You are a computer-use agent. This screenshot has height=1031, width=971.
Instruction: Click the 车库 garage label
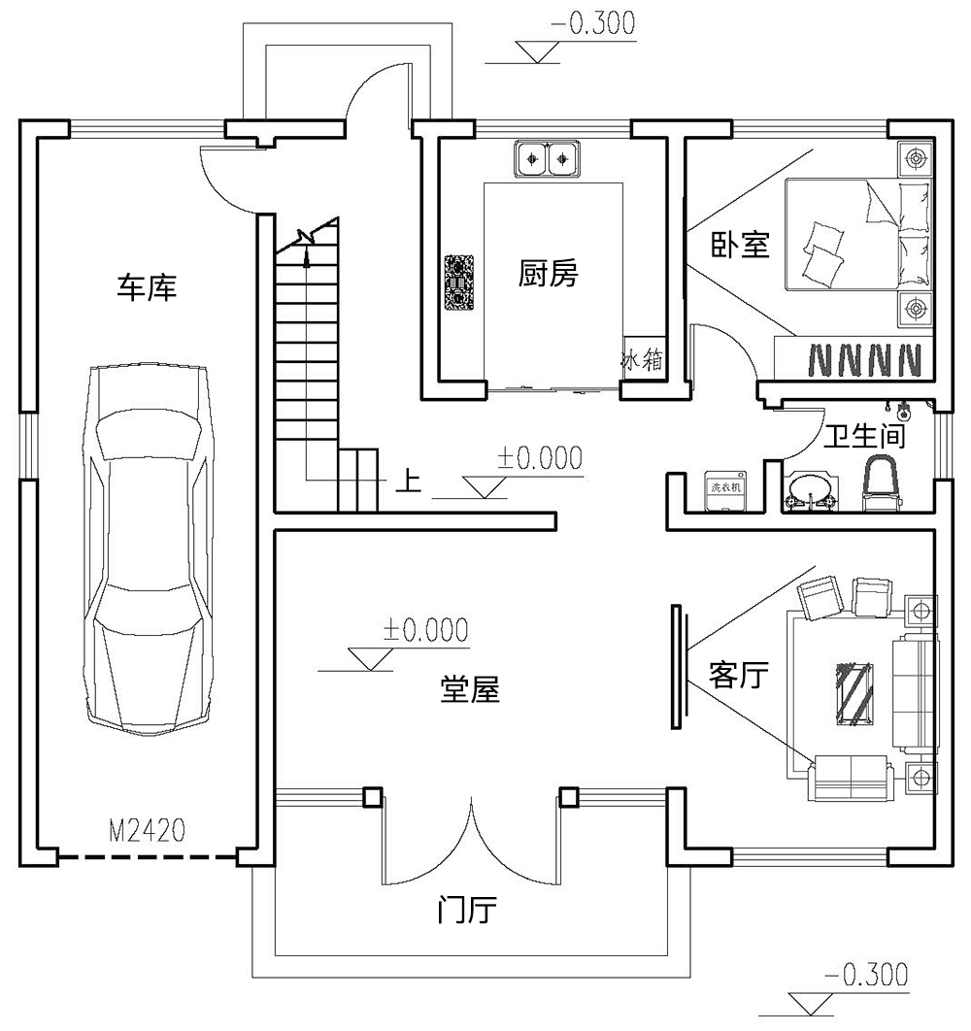[x=147, y=288]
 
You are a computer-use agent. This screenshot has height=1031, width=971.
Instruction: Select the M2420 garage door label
[x=148, y=830]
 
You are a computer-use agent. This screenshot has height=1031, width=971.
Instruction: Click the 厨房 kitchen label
[x=548, y=274]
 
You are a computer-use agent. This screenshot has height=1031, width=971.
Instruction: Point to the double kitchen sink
[x=548, y=158]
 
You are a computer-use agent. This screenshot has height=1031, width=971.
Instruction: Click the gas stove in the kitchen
[x=459, y=283]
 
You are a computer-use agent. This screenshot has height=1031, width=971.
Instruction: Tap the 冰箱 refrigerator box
[x=643, y=359]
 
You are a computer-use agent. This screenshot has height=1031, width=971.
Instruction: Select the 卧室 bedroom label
[x=740, y=245]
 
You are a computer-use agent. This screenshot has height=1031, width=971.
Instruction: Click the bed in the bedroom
[x=857, y=234]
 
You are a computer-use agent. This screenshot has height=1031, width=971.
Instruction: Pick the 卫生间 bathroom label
[x=864, y=436]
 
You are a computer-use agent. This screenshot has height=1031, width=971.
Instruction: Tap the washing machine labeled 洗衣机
[x=725, y=490]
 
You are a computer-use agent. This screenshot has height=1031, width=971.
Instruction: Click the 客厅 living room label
[x=739, y=676]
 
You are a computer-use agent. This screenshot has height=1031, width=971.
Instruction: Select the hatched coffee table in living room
[x=854, y=694]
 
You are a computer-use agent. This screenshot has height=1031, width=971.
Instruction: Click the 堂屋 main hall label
[x=470, y=689]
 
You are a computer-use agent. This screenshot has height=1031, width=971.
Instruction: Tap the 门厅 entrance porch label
[x=467, y=910]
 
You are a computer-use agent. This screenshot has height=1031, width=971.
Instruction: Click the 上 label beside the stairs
[x=409, y=480]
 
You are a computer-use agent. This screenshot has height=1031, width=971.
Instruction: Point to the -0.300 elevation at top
[x=592, y=23]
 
